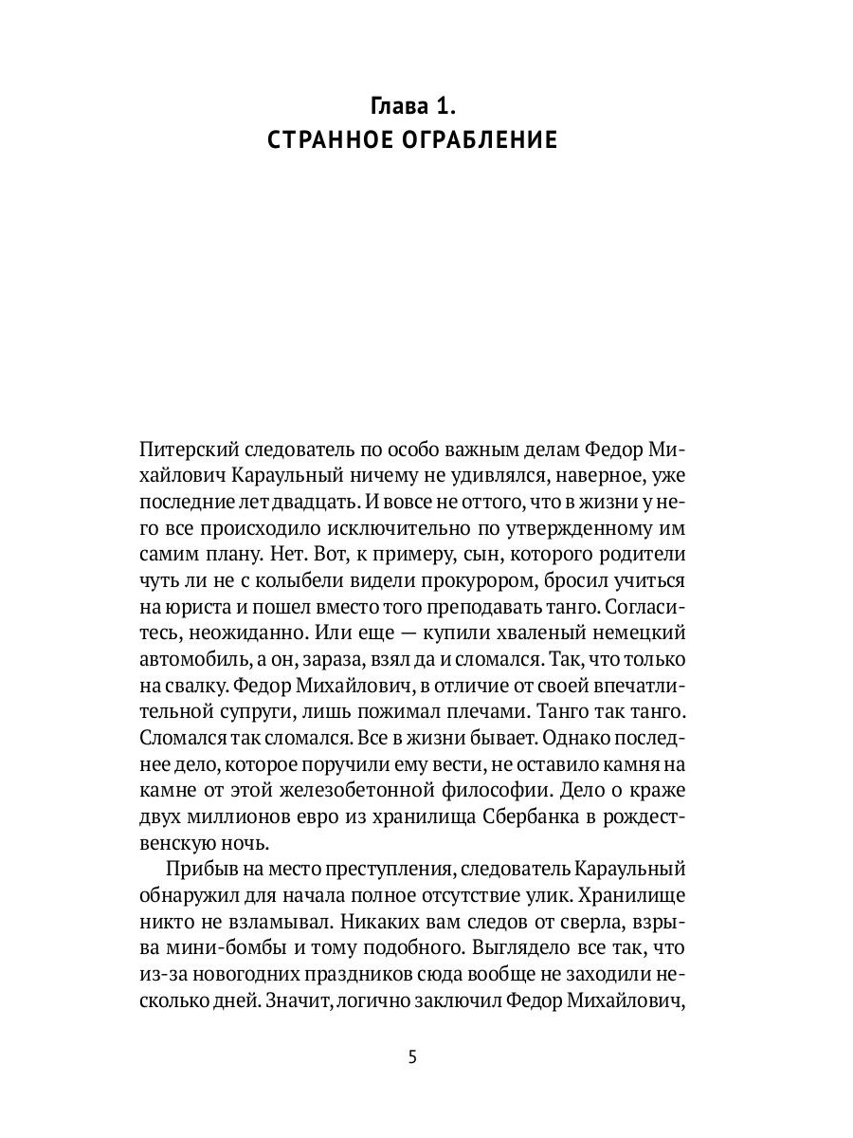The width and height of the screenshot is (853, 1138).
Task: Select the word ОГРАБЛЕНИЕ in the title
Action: [480, 140]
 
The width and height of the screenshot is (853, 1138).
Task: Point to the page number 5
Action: [412, 1058]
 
